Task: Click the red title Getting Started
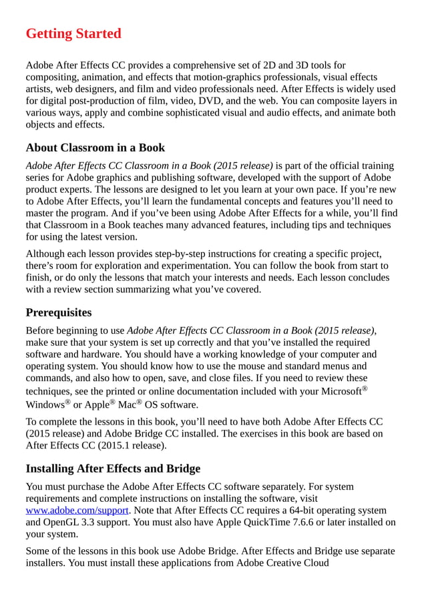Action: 73,33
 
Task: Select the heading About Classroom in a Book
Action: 95,147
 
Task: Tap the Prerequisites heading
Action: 59,312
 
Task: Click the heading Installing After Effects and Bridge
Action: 113,469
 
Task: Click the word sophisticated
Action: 194,113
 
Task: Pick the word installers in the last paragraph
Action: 47,563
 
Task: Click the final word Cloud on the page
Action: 314,563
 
